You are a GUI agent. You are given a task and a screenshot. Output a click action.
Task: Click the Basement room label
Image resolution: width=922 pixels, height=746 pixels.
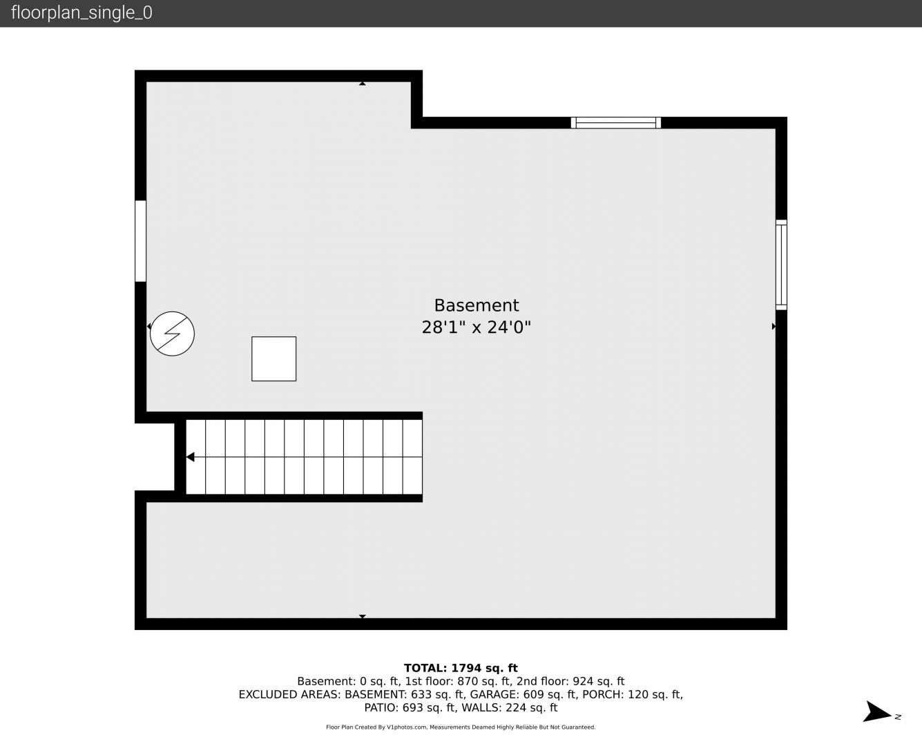coord(476,305)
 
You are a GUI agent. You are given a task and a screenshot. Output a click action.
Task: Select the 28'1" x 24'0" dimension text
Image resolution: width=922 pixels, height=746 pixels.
coord(476,327)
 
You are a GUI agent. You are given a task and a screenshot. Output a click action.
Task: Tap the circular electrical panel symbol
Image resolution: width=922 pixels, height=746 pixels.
coord(172,334)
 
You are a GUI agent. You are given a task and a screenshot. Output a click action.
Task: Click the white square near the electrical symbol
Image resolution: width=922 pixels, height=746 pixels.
coord(274,359)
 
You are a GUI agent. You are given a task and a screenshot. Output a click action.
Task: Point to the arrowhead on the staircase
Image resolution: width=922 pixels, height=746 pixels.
coord(190,457)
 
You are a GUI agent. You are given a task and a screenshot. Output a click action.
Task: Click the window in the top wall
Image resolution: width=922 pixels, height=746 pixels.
coord(615,123)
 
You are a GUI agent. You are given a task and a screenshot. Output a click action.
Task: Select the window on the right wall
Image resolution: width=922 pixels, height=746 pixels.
coord(781,265)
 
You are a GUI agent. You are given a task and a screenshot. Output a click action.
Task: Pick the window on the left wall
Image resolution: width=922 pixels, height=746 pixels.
coord(140,241)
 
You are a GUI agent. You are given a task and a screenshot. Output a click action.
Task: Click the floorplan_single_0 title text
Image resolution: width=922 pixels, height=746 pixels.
coord(81,13)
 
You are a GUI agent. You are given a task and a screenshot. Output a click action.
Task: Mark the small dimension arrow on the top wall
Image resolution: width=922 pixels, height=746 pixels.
coord(363,84)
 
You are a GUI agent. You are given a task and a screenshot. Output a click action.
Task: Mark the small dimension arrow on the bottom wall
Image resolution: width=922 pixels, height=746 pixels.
coord(363,616)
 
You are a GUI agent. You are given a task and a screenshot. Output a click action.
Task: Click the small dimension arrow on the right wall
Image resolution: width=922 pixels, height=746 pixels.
coord(774,326)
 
